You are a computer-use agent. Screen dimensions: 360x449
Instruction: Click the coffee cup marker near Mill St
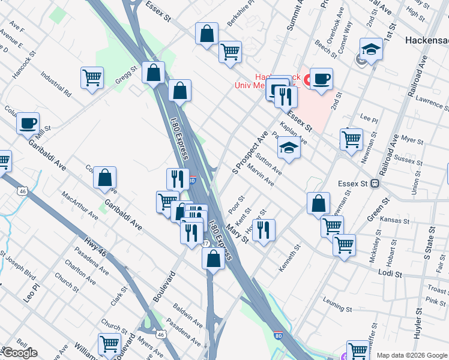28,123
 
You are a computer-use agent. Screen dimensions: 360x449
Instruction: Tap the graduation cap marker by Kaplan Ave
289,148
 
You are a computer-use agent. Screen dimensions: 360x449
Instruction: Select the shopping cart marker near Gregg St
92,77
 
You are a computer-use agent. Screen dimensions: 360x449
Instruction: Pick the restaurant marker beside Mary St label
263,230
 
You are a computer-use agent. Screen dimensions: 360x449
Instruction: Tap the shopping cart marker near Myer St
351,139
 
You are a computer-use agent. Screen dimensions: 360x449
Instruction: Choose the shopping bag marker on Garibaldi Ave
104,178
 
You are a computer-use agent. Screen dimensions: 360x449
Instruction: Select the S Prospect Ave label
249,153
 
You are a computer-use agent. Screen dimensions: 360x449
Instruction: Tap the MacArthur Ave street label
80,205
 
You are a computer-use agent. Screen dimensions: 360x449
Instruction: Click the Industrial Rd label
56,85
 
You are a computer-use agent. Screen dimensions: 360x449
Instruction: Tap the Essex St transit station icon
376,184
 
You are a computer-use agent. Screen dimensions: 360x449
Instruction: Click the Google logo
20,352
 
